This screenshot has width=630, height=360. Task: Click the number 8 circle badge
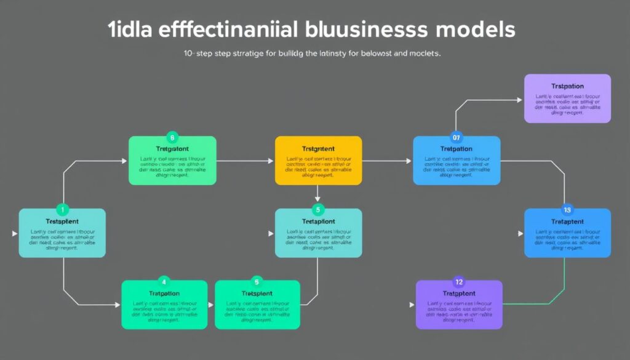(x=172, y=137)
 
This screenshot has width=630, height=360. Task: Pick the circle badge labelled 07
(x=456, y=137)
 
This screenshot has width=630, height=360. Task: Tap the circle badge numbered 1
(x=62, y=209)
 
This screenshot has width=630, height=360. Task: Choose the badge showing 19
(x=567, y=209)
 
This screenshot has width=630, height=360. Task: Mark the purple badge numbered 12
(x=458, y=281)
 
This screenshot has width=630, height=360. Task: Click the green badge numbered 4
(x=164, y=281)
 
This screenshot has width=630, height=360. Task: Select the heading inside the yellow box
(x=318, y=149)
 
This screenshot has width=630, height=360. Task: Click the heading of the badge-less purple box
(x=567, y=87)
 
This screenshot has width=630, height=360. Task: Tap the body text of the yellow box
(x=318, y=167)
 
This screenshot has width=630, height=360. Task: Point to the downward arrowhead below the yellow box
(x=318, y=199)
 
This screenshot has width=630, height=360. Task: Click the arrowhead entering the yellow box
(x=271, y=161)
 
